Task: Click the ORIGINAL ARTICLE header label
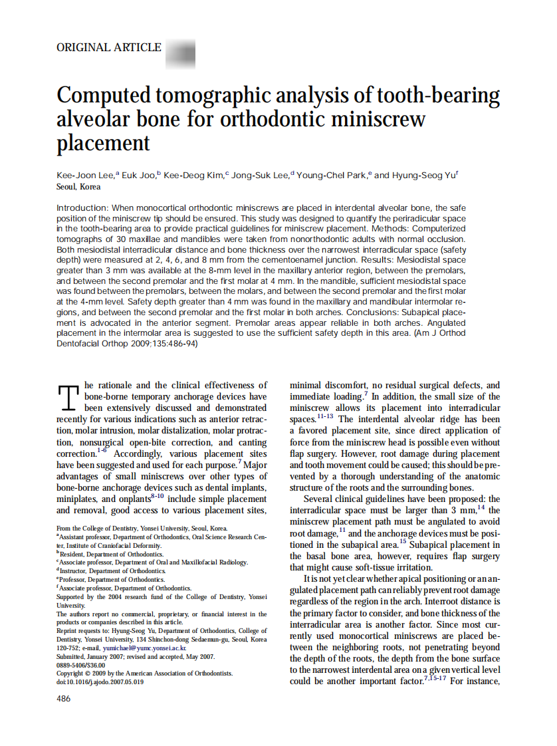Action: pyautogui.click(x=109, y=48)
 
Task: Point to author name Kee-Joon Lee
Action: pyautogui.click(x=85, y=176)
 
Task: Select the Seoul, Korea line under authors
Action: pyautogui.click(x=78, y=187)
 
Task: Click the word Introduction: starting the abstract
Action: pyautogui.click(x=82, y=208)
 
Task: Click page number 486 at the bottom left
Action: pyautogui.click(x=63, y=699)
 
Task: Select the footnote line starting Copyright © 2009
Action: pyautogui.click(x=144, y=673)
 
